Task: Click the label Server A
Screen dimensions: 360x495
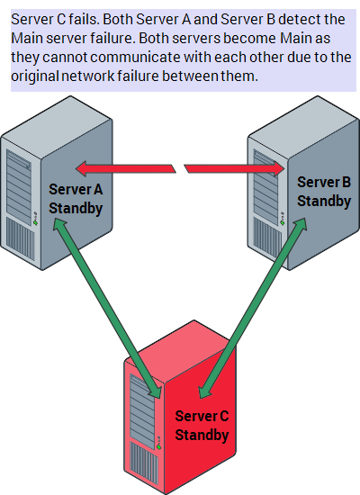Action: click(76, 189)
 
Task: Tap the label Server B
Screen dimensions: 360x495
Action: click(324, 182)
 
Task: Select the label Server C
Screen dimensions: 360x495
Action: click(202, 416)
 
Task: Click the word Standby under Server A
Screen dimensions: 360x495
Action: click(76, 209)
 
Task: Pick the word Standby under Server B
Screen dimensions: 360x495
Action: click(324, 202)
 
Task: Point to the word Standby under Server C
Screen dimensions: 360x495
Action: click(202, 435)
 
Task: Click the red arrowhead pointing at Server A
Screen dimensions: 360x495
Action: click(82, 168)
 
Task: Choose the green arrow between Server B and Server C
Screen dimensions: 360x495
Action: click(253, 308)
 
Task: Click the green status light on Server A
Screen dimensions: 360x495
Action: click(35, 222)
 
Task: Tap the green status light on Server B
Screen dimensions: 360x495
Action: click(283, 222)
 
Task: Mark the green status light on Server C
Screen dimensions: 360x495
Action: click(158, 447)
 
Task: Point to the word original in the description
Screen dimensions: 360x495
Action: click(35, 76)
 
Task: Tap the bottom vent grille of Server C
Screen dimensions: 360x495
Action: click(144, 463)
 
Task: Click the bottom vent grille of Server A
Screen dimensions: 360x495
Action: click(21, 239)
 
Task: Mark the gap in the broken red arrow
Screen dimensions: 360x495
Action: click(180, 168)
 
